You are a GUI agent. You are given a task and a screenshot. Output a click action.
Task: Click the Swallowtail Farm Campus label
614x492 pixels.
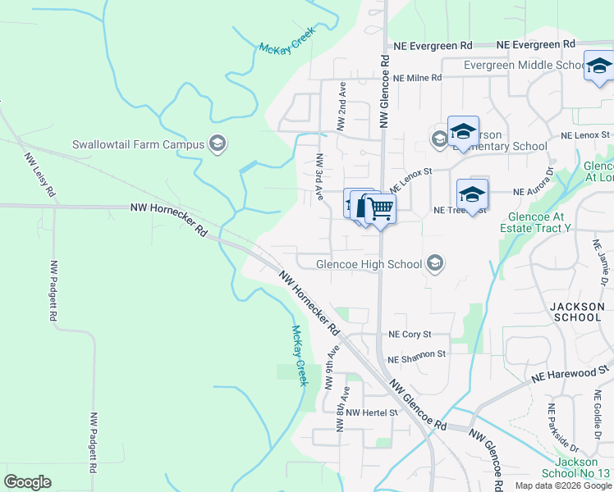[137, 144]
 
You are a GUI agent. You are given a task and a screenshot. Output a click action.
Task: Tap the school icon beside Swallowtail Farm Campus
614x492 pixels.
[218, 144]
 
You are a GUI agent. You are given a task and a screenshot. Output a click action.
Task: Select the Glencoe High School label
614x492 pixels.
[369, 263]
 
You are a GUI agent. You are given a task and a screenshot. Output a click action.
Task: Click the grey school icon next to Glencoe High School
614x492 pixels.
[435, 263]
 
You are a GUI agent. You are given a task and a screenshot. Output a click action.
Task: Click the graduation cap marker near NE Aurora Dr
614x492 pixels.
[472, 195]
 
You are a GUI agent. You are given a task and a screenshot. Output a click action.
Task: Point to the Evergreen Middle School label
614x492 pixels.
[525, 66]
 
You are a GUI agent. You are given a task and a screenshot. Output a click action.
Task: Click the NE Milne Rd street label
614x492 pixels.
[417, 78]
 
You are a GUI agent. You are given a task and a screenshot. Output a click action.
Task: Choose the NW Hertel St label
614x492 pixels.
[371, 412]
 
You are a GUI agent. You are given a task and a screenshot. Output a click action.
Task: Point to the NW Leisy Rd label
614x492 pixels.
[39, 175]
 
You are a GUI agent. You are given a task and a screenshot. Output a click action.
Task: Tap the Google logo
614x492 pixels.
[27, 482]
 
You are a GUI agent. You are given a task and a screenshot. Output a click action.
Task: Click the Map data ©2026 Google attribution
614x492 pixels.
[563, 485]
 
